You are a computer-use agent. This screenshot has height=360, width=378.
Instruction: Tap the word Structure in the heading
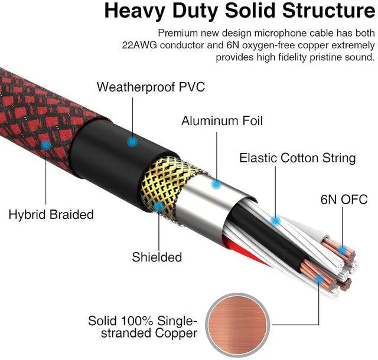320,11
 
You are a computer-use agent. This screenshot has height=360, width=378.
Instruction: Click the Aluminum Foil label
222,122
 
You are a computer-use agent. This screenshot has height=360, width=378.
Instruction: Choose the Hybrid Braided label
51,214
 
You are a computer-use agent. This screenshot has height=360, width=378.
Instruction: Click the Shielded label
157,257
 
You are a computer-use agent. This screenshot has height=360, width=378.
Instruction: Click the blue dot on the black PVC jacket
131,142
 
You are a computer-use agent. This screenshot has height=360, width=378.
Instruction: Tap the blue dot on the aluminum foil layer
217,185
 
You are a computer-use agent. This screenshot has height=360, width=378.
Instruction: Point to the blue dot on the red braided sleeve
46,144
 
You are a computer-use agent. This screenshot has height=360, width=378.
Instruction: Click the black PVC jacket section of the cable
112,148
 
